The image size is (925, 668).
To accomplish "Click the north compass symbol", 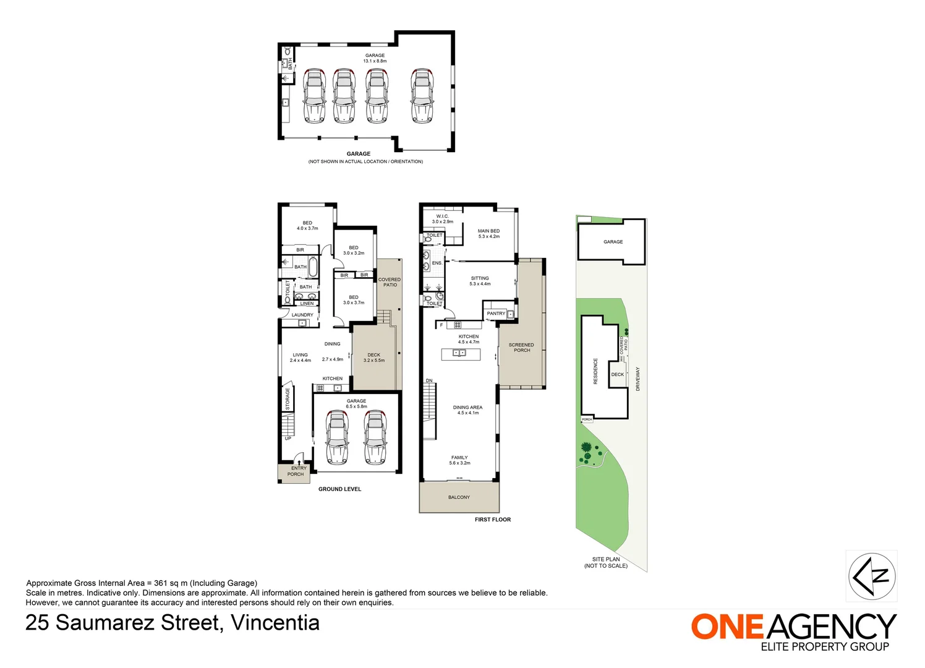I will (871, 576).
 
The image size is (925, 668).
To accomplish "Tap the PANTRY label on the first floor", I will (496, 314).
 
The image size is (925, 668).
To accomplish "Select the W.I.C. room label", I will (443, 216).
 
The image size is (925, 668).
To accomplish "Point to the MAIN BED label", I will (488, 231).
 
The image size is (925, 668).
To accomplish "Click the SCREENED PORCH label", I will (521, 348).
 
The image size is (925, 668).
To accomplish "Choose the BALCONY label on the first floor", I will (459, 497).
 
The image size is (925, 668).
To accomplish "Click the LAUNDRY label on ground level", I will (302, 315).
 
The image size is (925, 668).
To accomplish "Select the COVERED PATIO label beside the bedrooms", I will (390, 282).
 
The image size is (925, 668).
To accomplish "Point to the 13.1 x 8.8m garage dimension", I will (375, 61).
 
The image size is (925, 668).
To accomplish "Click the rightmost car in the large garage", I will (422, 96).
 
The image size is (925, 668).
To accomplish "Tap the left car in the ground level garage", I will (337, 437).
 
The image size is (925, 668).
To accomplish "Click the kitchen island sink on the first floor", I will (459, 353).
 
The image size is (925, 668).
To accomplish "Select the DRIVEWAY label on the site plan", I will (637, 379).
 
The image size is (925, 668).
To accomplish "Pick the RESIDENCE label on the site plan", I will (595, 371).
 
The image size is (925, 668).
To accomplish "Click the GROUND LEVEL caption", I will (339, 489).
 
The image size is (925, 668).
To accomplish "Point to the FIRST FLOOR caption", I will (493, 520).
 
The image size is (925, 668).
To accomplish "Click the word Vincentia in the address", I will (275, 622).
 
